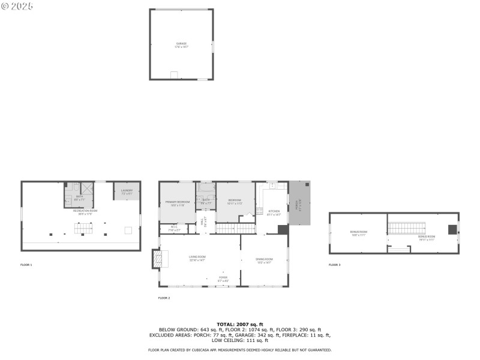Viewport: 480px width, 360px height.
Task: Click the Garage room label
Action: (181, 44)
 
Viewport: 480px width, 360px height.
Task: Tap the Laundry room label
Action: (127, 191)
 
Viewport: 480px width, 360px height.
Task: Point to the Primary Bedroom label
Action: (177, 203)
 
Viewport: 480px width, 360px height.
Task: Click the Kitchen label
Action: (274, 212)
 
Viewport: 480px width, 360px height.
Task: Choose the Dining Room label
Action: (264, 261)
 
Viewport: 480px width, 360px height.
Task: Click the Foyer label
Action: (223, 278)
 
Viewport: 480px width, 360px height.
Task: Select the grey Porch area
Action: (300, 203)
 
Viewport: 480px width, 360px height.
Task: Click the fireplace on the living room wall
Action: (158, 259)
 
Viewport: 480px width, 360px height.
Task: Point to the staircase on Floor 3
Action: (406, 227)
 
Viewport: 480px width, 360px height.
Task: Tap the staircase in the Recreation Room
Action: (84, 228)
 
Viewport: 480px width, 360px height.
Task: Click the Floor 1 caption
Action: (26, 265)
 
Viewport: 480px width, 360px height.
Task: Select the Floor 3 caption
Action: (334, 265)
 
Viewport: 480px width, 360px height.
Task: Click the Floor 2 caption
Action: (164, 298)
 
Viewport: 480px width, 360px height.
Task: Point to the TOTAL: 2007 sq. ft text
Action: (239, 324)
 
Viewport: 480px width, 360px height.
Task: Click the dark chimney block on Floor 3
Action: (452, 229)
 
